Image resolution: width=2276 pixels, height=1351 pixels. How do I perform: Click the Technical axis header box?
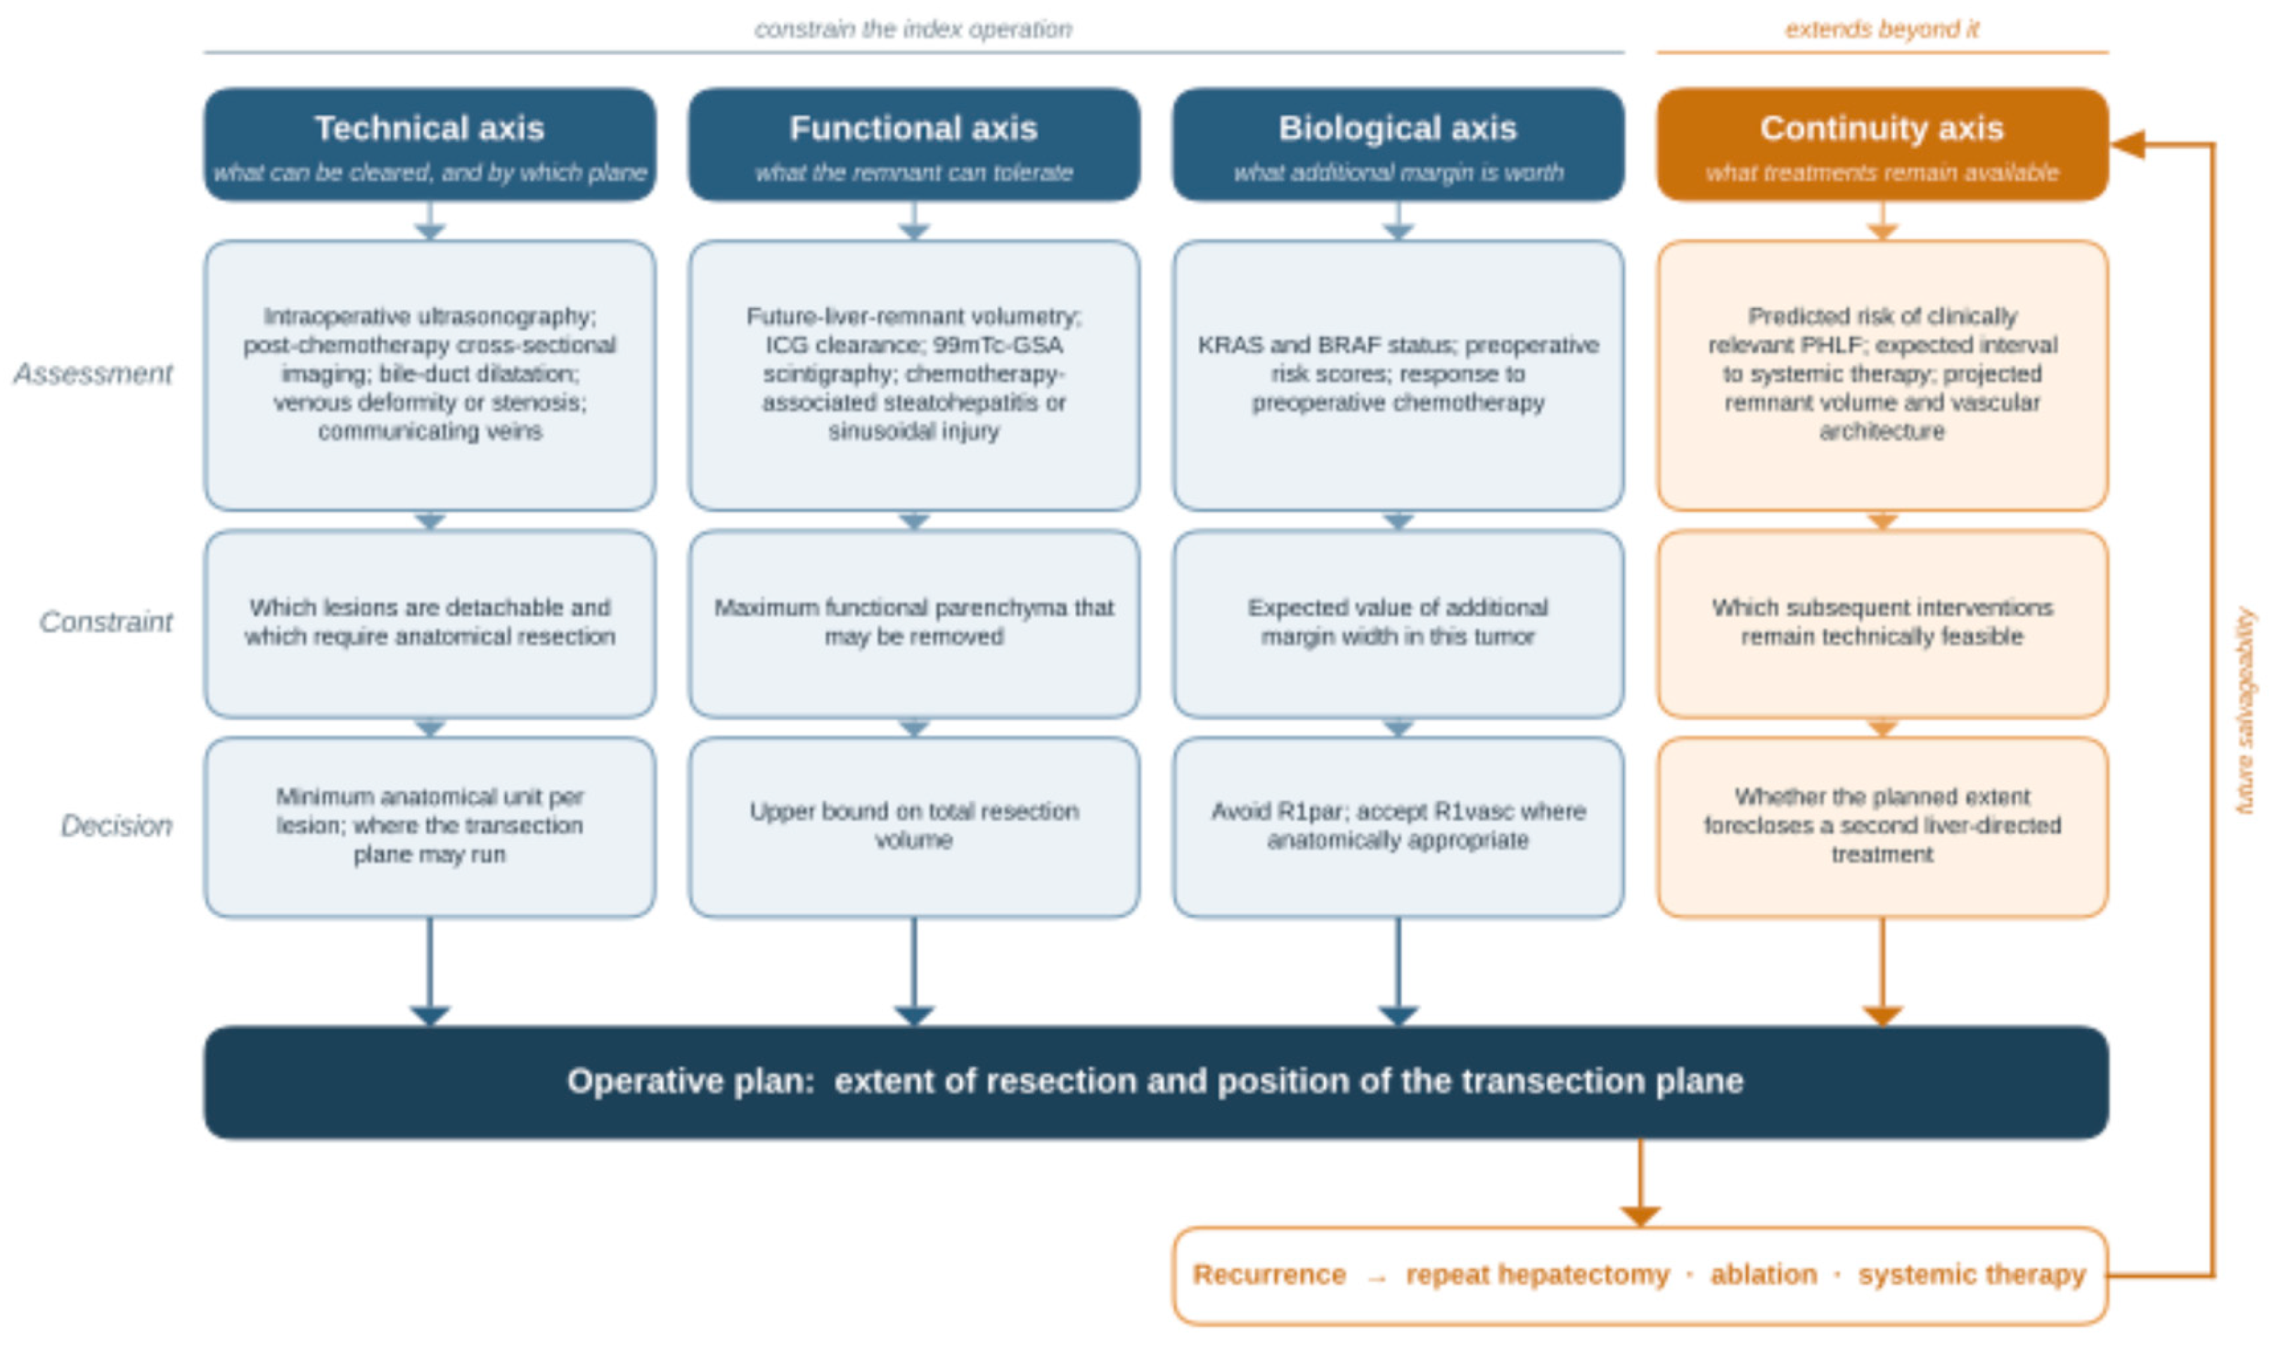pos(430,144)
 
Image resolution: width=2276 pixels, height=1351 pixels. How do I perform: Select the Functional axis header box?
pos(913,144)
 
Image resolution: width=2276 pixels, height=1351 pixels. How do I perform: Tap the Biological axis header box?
pos(1398,144)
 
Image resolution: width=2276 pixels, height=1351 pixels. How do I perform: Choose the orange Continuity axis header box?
pos(1882,144)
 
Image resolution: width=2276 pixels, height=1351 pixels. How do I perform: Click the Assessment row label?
pos(93,373)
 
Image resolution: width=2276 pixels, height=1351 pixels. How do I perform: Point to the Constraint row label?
pos(105,622)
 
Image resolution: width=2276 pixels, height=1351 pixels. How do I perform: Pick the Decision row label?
pos(117,826)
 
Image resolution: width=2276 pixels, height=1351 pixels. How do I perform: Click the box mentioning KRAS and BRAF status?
pos(1398,375)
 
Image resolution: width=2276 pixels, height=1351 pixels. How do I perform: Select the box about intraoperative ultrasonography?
pos(430,375)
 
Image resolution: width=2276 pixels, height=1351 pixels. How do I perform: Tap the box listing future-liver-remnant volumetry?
pos(913,375)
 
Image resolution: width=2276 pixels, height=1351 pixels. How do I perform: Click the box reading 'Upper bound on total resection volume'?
pos(913,826)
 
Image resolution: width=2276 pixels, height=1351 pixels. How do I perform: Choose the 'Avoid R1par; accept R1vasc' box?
pos(1398,826)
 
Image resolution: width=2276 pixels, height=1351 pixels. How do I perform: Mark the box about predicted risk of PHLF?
pos(1882,375)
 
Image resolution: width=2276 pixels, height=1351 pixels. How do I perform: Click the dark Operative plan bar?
pos(1156,1082)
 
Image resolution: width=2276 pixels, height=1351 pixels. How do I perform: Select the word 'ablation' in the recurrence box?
pos(1763,1274)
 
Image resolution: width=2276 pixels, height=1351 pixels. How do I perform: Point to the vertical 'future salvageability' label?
pos(2245,711)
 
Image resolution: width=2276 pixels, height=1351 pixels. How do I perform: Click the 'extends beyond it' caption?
pos(1882,29)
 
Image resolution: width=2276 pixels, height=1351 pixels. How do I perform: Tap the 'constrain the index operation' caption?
pos(913,29)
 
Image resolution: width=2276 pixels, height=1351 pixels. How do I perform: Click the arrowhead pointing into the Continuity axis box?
pos(2128,144)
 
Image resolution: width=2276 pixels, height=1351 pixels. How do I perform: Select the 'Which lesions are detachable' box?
pos(430,624)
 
